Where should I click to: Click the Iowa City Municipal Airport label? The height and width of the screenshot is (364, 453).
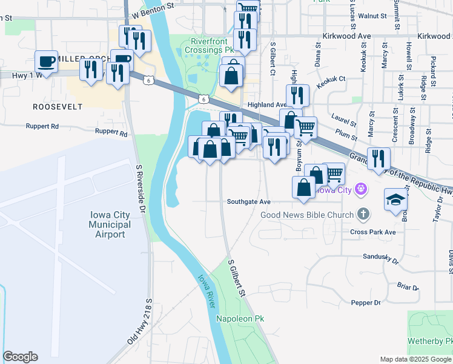pyautogui.click(x=110, y=224)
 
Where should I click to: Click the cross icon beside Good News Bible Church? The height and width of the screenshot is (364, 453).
pyautogui.click(x=363, y=214)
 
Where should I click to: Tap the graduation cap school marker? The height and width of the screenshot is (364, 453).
pyautogui.click(x=396, y=199)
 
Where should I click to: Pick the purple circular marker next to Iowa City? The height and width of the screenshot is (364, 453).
pyautogui.click(x=362, y=189)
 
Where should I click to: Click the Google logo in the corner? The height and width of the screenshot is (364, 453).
pyautogui.click(x=20, y=357)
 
